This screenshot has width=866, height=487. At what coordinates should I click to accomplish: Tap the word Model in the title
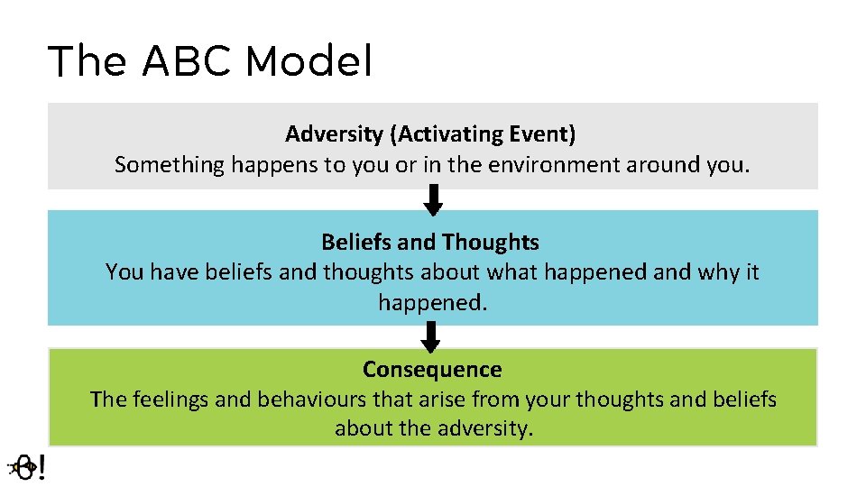[x=308, y=62]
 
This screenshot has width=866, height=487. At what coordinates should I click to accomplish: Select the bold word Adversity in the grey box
[x=334, y=134]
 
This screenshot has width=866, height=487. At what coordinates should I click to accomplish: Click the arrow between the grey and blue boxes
[x=433, y=200]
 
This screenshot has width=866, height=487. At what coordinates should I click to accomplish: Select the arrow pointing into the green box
[x=431, y=336]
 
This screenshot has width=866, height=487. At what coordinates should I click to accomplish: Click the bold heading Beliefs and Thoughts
[x=430, y=242]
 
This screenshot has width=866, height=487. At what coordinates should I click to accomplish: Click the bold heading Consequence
[x=432, y=370]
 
